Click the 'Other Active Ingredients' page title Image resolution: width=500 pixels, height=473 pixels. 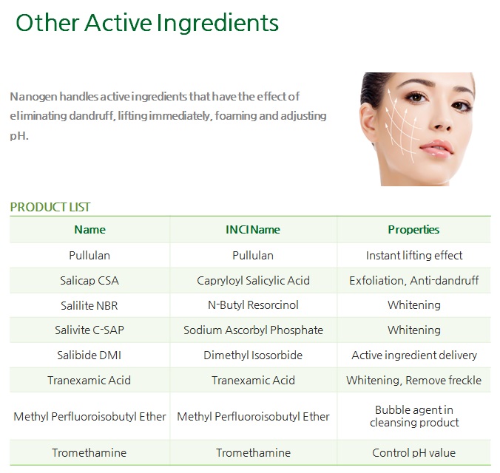pyautogui.click(x=147, y=23)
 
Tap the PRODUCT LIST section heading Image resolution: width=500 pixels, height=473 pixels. pyautogui.click(x=50, y=207)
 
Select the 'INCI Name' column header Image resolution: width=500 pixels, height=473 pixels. pyautogui.click(x=253, y=230)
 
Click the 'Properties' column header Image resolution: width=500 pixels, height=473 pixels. pyautogui.click(x=413, y=230)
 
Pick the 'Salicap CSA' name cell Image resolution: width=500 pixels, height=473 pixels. pyautogui.click(x=89, y=281)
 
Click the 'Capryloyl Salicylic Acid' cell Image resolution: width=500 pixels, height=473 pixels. pyautogui.click(x=253, y=281)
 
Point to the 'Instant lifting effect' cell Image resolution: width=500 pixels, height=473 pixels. pyautogui.click(x=414, y=255)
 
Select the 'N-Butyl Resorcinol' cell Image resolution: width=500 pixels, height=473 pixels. pyautogui.click(x=253, y=305)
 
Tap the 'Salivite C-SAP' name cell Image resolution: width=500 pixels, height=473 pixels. pyautogui.click(x=89, y=330)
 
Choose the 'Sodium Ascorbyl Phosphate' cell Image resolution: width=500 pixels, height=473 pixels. pyautogui.click(x=253, y=330)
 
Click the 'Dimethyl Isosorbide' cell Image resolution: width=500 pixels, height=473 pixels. pyautogui.click(x=253, y=355)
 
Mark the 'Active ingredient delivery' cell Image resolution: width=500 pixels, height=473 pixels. pyautogui.click(x=414, y=355)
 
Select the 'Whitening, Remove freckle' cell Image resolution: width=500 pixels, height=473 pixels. pyautogui.click(x=414, y=381)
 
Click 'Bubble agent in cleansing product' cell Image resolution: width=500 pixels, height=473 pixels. pyautogui.click(x=414, y=416)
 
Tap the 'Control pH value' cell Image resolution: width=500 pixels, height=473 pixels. pyautogui.click(x=413, y=452)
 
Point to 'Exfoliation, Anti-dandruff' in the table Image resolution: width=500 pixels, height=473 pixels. pyautogui.click(x=414, y=281)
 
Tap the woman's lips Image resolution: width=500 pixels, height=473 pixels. pyautogui.click(x=436, y=149)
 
